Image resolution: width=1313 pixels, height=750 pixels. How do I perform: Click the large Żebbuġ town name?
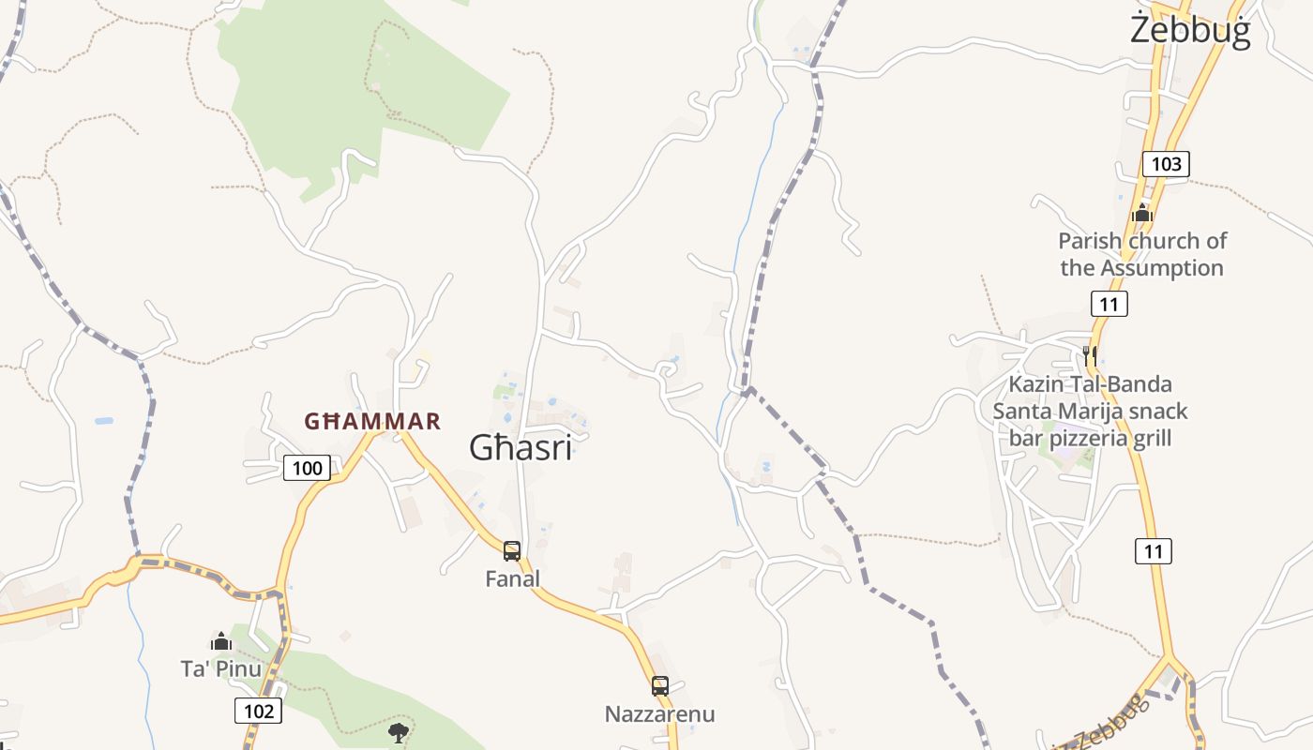(x=1190, y=30)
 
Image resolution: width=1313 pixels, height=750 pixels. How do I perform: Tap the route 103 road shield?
(x=1166, y=164)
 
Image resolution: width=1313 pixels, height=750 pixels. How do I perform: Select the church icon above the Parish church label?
(x=1141, y=213)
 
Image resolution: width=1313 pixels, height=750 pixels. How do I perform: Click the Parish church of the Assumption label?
(x=1142, y=254)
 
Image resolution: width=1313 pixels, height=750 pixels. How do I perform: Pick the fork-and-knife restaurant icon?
(x=1089, y=355)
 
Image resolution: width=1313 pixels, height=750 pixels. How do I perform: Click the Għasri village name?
(x=521, y=448)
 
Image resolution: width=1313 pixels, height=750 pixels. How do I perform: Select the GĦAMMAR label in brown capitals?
(x=372, y=421)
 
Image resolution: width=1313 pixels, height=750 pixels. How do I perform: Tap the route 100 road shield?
(x=307, y=468)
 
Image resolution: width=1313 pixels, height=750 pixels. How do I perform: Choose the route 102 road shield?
(x=258, y=711)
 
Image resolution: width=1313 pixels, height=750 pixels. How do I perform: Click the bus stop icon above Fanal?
(x=512, y=550)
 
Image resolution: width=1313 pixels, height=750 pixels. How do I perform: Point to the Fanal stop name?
(x=512, y=579)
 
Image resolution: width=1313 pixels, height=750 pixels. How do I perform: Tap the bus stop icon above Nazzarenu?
(x=660, y=685)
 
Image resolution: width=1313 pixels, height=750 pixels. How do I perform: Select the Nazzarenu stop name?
(x=659, y=714)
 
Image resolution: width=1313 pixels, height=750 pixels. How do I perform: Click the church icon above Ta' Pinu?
(x=221, y=641)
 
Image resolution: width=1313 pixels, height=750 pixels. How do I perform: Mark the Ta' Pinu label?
(x=221, y=668)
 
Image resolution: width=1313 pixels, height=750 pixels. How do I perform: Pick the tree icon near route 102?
(x=399, y=732)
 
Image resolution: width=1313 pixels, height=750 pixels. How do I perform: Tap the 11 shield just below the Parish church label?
(x=1109, y=304)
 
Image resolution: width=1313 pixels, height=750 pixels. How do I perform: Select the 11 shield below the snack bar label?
(x=1154, y=551)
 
